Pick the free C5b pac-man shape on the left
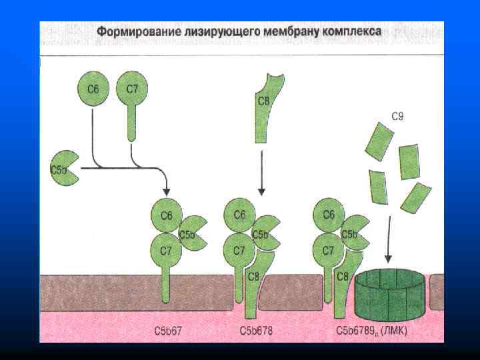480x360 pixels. [x=64, y=169]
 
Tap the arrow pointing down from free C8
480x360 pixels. [x=262, y=173]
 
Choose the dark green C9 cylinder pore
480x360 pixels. [x=389, y=293]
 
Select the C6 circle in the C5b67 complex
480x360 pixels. [x=166, y=215]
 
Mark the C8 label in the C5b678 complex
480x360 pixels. [x=253, y=277]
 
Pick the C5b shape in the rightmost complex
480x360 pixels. [x=353, y=233]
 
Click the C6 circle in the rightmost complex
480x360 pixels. [x=328, y=215]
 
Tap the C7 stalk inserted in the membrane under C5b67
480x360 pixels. [x=167, y=287]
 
